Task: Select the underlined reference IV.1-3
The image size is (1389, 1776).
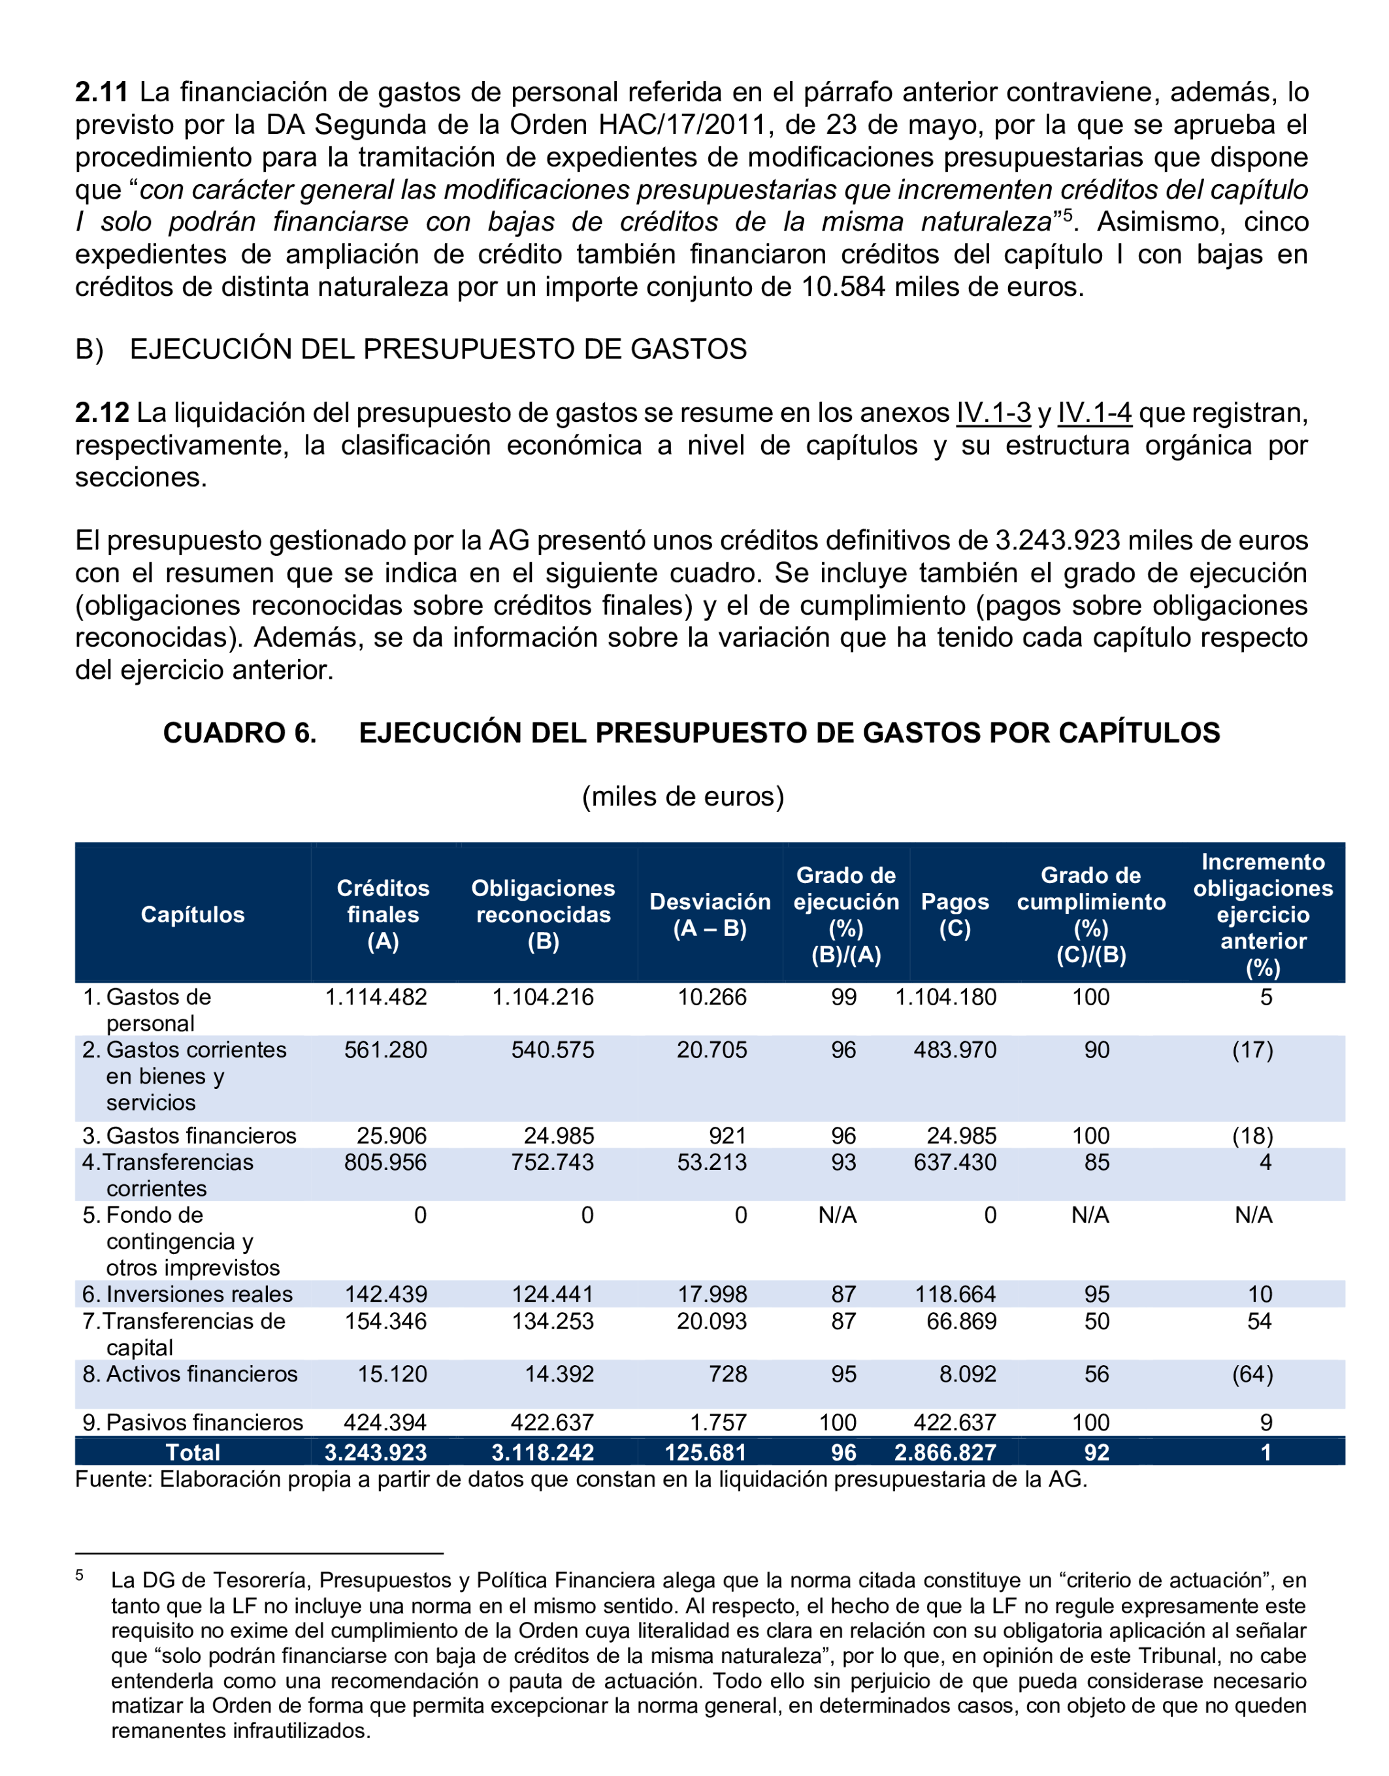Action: click(993, 412)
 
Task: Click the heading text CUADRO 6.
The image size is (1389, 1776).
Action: click(240, 733)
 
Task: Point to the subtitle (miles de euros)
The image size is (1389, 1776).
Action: click(683, 796)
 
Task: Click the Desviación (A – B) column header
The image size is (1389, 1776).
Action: click(710, 915)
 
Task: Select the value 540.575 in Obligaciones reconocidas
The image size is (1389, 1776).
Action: click(552, 1050)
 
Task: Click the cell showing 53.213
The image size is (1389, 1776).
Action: click(711, 1162)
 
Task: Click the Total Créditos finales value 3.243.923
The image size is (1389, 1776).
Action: click(376, 1453)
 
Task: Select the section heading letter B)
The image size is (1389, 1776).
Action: click(90, 349)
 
